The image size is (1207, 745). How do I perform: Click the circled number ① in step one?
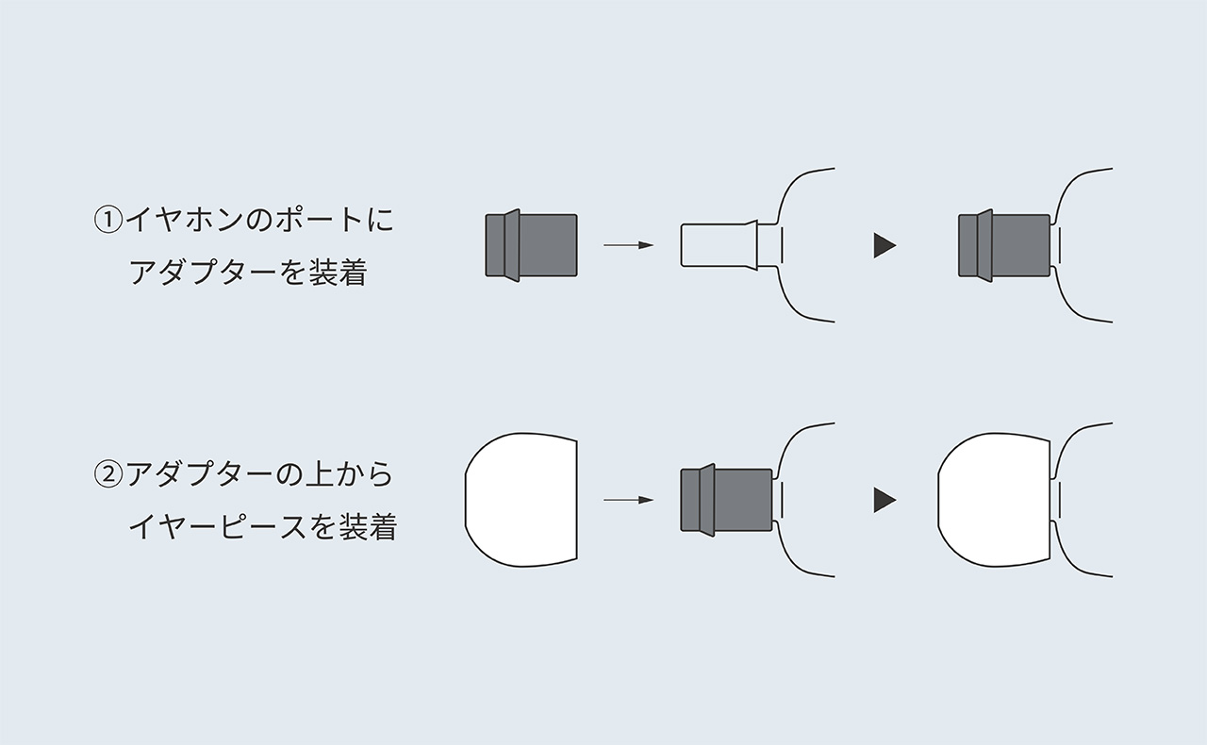tap(108, 221)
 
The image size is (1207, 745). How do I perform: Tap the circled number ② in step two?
tap(108, 475)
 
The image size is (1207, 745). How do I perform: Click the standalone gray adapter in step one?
tap(531, 245)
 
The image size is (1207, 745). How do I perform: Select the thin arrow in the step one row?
tap(628, 245)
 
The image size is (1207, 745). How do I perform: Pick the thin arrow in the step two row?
tap(628, 500)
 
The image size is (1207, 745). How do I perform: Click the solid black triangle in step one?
tap(885, 245)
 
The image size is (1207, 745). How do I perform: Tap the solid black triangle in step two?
tap(885, 500)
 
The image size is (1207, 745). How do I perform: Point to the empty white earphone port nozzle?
tap(719, 245)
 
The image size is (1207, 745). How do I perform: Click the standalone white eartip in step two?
tap(521, 500)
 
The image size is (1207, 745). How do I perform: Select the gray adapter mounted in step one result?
tap(1004, 245)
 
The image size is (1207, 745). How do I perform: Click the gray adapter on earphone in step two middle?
tap(726, 500)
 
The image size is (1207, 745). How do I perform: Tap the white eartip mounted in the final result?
tap(994, 500)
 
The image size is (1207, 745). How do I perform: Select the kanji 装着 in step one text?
tap(338, 273)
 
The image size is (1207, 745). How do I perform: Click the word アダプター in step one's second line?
tap(203, 273)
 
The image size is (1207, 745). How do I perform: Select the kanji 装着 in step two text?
tap(368, 526)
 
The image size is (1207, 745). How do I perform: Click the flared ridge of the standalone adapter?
tap(512, 245)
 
